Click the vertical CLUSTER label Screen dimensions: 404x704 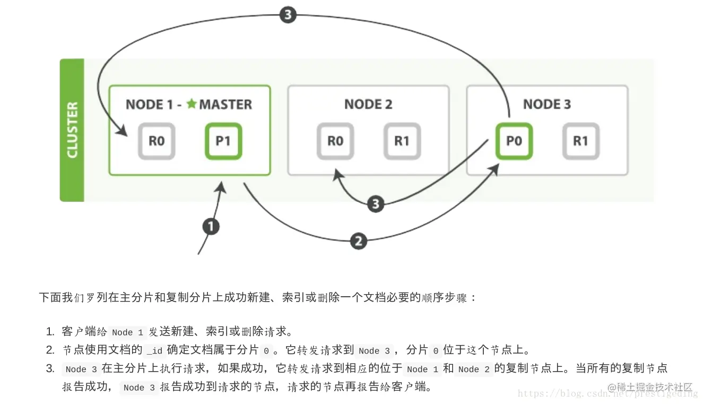click(x=72, y=130)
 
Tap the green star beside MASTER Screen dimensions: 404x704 click(x=191, y=104)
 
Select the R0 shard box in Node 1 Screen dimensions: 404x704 click(x=157, y=141)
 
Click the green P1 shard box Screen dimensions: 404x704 click(x=223, y=141)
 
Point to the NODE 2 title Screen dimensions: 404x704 click(x=368, y=105)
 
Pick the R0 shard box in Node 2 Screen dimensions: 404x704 click(x=335, y=141)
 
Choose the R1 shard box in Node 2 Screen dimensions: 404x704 click(x=402, y=141)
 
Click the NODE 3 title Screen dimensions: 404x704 click(x=547, y=105)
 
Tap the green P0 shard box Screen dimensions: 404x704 click(x=514, y=141)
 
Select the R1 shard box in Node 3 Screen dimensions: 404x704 click(x=581, y=141)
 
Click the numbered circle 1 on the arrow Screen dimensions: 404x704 click(x=211, y=227)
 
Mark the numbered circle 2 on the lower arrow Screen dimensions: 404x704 click(x=359, y=242)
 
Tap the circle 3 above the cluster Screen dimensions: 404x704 click(x=287, y=15)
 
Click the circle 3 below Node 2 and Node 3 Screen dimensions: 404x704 click(x=376, y=204)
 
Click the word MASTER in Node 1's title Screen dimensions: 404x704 click(x=225, y=105)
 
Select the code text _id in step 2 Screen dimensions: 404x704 click(x=154, y=350)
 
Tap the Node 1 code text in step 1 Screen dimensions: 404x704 click(x=127, y=332)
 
